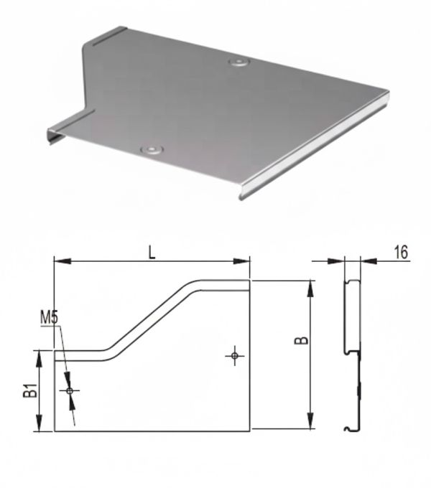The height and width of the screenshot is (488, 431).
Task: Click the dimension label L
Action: (x=152, y=253)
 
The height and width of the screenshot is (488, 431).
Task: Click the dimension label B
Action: (x=302, y=340)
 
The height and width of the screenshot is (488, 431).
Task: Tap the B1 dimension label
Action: (x=30, y=390)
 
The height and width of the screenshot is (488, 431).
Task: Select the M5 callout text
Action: (x=49, y=318)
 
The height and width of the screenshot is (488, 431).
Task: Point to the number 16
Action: (x=401, y=252)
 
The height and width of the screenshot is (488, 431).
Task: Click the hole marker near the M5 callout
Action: (x=70, y=391)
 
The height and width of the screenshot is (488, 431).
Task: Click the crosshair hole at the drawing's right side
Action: (x=235, y=355)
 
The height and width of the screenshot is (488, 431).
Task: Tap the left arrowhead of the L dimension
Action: (x=62, y=261)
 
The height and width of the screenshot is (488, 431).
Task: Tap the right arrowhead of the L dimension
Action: (x=241, y=261)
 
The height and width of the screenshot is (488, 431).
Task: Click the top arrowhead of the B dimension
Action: (x=310, y=288)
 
